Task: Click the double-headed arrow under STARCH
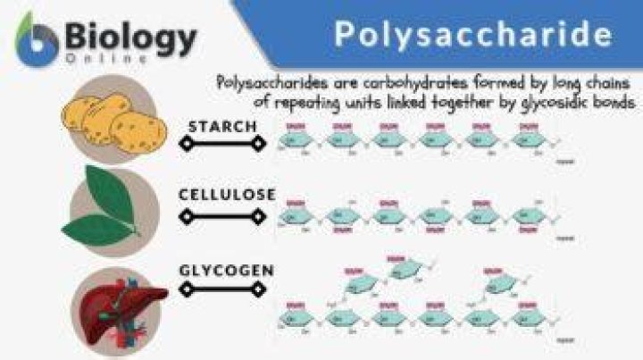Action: click(x=222, y=142)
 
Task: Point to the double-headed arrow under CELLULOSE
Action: click(x=222, y=215)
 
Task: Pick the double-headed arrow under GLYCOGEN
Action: click(x=222, y=289)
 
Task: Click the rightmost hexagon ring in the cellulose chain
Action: click(x=529, y=214)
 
